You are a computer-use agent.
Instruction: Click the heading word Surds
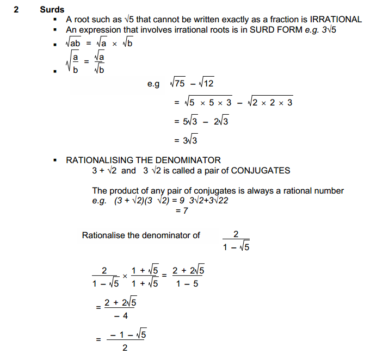coord(52,9)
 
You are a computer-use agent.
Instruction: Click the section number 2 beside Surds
coord(16,9)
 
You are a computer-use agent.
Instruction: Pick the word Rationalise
coord(103,235)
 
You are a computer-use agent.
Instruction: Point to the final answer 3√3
coord(186,140)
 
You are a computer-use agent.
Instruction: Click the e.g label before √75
coord(153,84)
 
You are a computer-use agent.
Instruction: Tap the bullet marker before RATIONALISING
coord(55,160)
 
